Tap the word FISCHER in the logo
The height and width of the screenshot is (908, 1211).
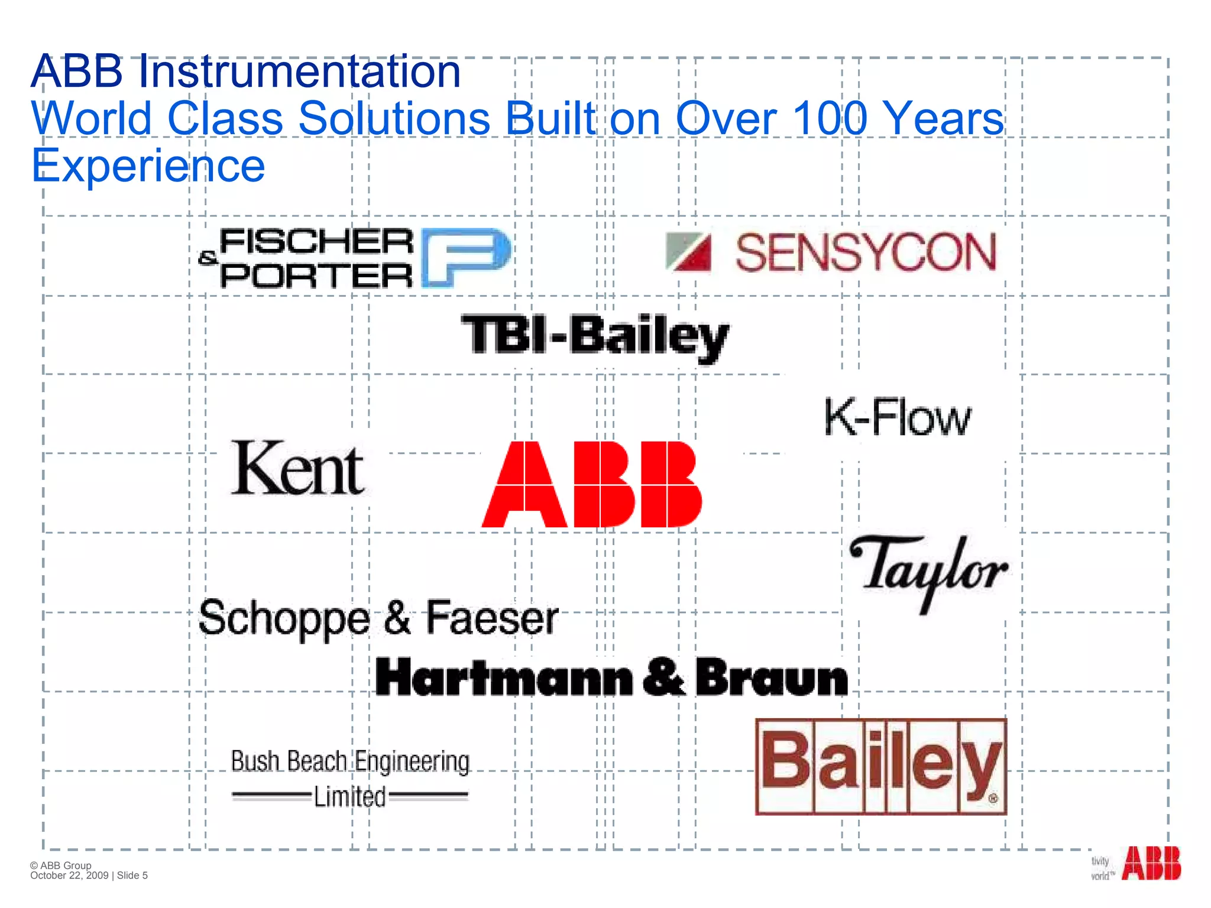click(316, 242)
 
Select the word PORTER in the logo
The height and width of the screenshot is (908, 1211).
click(316, 276)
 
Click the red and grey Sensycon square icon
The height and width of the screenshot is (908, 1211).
click(688, 252)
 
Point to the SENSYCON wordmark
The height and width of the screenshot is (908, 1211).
click(866, 253)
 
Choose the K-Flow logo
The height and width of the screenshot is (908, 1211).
click(897, 417)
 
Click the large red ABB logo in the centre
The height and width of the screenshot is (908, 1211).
click(592, 484)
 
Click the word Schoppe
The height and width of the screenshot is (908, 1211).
click(284, 619)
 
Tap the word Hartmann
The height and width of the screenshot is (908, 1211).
click(504, 677)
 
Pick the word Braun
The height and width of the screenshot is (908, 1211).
click(772, 677)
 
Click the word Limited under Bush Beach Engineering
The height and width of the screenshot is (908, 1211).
click(349, 796)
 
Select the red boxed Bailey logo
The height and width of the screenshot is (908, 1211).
click(881, 767)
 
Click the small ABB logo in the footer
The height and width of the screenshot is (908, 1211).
click(1151, 864)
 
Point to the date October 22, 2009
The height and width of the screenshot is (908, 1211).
click(69, 875)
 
